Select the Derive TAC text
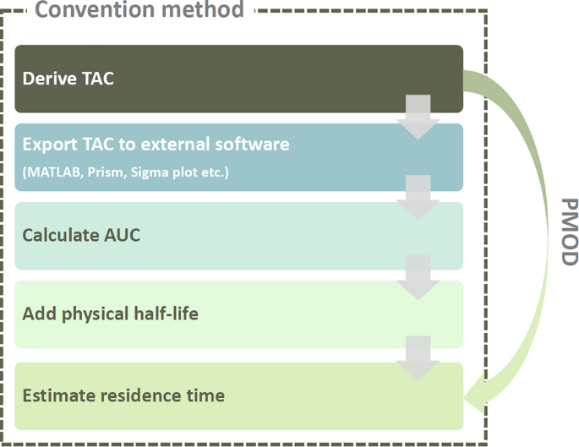pos(68,79)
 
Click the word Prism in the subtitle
pos(105,173)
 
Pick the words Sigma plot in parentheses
pos(161,173)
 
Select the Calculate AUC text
pos(81,235)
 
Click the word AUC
pos(123,235)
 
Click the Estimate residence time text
pos(123,395)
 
